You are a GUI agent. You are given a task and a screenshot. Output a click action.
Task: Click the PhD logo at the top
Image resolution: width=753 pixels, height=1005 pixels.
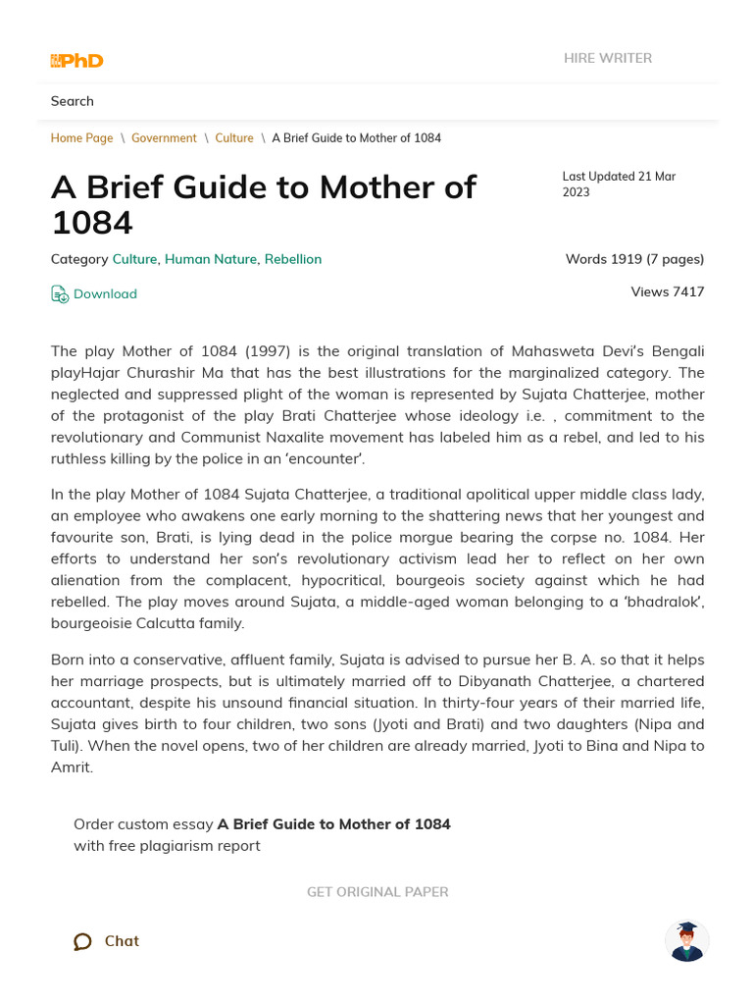click(76, 61)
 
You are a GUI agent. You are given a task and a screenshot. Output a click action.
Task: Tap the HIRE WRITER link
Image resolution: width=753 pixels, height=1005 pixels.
click(607, 58)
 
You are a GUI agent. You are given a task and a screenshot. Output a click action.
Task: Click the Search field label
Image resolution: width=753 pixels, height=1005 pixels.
click(73, 101)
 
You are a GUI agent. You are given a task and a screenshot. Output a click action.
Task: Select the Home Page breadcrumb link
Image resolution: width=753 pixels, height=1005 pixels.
click(81, 138)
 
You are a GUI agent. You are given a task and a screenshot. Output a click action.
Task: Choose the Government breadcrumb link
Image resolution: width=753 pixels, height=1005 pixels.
click(164, 138)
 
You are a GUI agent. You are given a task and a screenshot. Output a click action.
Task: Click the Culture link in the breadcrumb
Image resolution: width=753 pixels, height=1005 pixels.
click(234, 138)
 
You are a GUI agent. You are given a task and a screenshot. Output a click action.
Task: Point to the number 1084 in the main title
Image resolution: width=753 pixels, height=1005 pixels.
click(91, 223)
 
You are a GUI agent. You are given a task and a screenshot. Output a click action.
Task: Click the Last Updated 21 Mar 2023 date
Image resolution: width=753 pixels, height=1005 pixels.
click(618, 185)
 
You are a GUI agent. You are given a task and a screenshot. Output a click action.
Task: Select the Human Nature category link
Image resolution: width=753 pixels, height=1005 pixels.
click(210, 259)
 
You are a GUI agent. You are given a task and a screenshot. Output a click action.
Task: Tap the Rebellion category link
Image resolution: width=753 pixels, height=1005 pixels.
click(293, 259)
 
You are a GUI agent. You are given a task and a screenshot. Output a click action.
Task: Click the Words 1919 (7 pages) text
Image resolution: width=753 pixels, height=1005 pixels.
click(634, 259)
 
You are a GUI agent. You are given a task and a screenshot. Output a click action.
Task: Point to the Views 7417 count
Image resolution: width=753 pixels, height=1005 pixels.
click(668, 291)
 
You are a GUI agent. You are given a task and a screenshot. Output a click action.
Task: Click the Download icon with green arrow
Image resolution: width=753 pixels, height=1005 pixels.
click(60, 293)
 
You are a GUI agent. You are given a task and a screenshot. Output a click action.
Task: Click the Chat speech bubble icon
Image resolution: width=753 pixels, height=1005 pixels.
click(82, 941)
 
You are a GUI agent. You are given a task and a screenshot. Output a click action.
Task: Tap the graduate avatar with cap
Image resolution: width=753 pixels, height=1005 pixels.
click(686, 941)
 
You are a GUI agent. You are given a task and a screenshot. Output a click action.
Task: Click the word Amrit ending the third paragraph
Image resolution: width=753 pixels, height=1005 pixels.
click(71, 767)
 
